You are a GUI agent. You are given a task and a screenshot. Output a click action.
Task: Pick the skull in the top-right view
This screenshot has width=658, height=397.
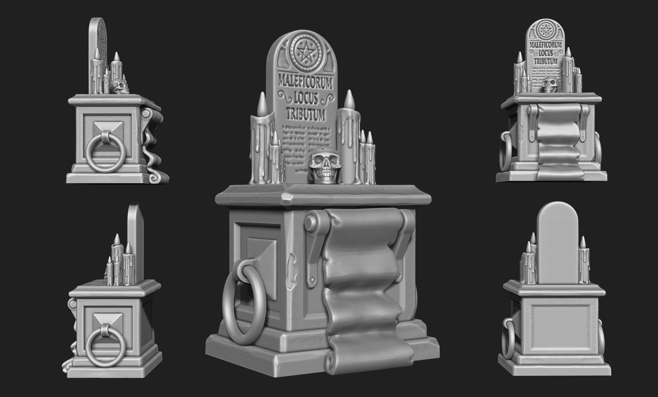click(x=550, y=84)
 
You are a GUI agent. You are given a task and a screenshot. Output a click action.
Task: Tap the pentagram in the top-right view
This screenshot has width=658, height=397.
click(x=546, y=30)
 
